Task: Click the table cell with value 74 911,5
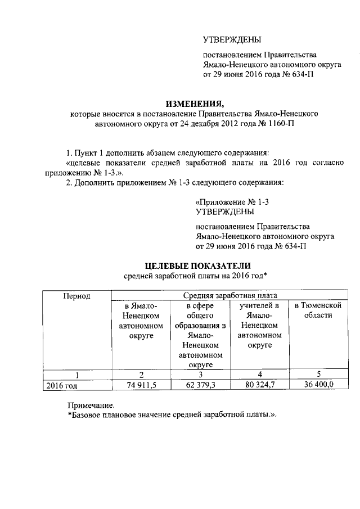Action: [141, 385]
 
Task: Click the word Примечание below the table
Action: [91, 404]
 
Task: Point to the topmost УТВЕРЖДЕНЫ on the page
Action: [232, 39]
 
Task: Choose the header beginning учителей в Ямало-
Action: [259, 326]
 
